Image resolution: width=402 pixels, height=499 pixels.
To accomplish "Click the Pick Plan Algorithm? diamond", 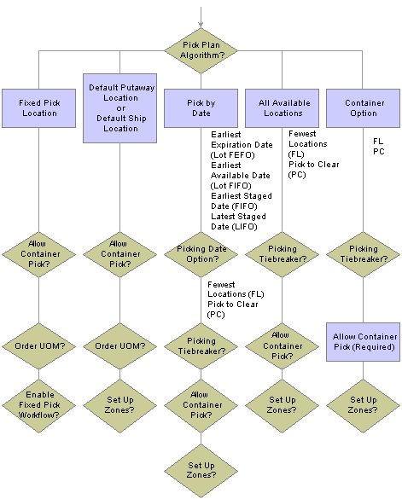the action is point(201,50).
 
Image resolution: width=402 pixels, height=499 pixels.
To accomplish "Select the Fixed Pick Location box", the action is point(39,108).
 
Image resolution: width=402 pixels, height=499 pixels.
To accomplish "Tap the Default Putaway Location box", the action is point(119,108).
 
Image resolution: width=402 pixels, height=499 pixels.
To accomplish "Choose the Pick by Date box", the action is point(201,108).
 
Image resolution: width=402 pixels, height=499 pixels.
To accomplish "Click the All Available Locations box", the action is point(282,108).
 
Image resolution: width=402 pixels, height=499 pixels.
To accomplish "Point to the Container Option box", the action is point(363,108).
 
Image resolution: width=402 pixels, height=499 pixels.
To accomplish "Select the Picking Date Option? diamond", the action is point(201,254).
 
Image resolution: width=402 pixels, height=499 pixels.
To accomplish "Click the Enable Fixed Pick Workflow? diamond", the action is point(39,406).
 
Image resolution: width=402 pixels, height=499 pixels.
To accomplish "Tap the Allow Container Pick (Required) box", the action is point(363,342).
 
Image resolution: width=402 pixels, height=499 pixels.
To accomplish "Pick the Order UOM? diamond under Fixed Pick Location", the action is point(39,346).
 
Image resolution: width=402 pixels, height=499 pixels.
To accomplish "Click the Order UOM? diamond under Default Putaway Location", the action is point(119,346).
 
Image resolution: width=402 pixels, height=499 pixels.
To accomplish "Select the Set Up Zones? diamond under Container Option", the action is point(363,406).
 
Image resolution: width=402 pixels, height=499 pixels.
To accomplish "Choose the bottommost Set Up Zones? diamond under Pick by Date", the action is point(201,471).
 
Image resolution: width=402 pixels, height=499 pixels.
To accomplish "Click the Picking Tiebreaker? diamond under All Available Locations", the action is point(282,254).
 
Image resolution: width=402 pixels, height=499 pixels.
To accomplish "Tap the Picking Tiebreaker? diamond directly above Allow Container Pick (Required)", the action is point(363,254).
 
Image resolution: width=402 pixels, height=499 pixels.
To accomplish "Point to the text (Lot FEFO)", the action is point(232,155).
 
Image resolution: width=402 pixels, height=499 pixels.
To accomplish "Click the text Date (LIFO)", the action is point(234,227).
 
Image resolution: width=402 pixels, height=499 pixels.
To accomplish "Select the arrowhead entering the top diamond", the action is point(201,25).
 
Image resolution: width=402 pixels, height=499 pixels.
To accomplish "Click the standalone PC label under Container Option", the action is point(379,152).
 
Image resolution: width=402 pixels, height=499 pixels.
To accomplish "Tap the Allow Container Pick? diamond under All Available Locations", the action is point(282,346).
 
